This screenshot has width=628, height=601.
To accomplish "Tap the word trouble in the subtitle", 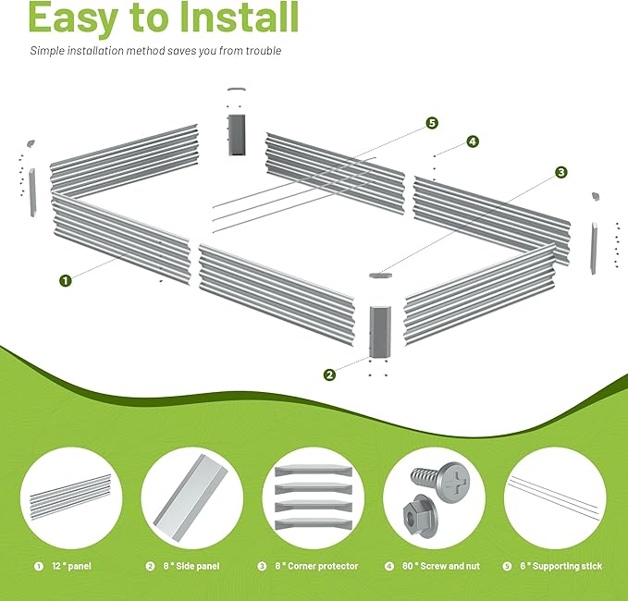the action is click(264, 51).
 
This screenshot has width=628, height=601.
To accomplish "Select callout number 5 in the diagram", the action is click(432, 123).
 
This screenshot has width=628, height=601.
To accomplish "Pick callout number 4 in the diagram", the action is click(473, 141).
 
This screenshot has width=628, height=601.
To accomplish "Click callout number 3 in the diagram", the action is click(561, 172).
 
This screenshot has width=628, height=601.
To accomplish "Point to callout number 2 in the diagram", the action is click(329, 374).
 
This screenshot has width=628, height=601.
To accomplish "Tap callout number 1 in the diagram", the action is click(66, 280).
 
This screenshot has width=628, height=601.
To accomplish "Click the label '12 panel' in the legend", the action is click(71, 566).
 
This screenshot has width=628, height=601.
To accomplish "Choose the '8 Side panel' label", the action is click(191, 566).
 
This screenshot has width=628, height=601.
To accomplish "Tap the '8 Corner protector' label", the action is click(316, 566).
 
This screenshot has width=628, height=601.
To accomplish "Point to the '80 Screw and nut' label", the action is click(440, 566).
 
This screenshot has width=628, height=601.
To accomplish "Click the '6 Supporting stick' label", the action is click(560, 566).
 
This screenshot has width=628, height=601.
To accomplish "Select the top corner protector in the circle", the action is click(314, 471).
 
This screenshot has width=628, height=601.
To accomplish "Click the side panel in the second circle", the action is click(190, 498).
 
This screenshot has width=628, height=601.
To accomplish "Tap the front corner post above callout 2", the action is click(380, 332).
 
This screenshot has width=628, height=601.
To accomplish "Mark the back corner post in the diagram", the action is click(236, 135).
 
